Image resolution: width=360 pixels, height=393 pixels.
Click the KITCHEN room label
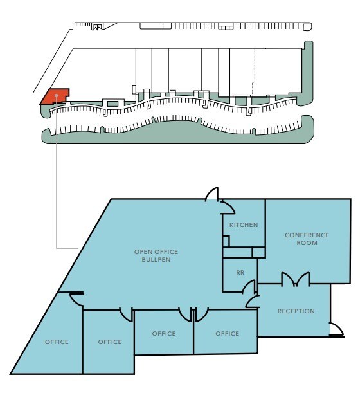pos(244,225)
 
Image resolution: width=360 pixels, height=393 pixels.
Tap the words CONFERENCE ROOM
pos(307,239)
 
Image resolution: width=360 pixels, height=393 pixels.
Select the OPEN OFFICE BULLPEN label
pos(156,255)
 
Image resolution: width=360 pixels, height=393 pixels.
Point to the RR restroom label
pos(240,273)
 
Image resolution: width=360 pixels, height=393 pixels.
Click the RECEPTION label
pos(296,311)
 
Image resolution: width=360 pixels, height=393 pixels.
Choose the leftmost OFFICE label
pos(57,342)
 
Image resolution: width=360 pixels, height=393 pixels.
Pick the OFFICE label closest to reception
pos(227,334)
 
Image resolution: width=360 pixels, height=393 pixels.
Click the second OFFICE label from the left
pos(110,342)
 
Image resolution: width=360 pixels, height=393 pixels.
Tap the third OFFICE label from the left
pos(164,334)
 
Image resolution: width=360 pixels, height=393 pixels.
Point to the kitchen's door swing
pos(226,206)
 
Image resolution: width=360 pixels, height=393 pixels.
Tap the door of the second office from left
pos(126,315)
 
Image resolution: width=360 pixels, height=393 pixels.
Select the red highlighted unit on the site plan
pos(55,96)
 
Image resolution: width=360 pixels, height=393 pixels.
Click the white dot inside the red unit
pos(57,96)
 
